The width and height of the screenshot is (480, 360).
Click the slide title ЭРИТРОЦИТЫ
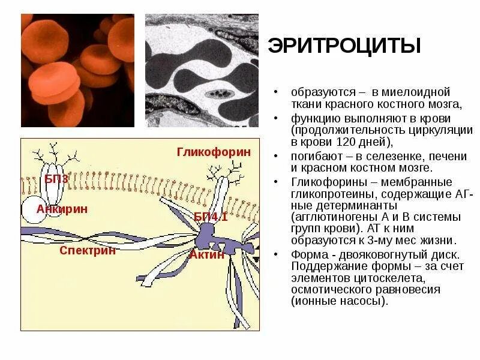click(x=344, y=46)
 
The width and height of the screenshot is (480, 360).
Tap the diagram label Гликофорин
click(x=213, y=152)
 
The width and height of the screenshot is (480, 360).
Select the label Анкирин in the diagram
click(x=62, y=209)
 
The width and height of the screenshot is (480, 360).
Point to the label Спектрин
click(x=88, y=250)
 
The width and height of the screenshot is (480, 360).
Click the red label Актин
click(x=207, y=254)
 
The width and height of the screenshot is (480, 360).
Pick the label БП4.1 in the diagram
click(x=210, y=217)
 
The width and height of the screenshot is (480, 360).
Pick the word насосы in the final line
click(x=363, y=301)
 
